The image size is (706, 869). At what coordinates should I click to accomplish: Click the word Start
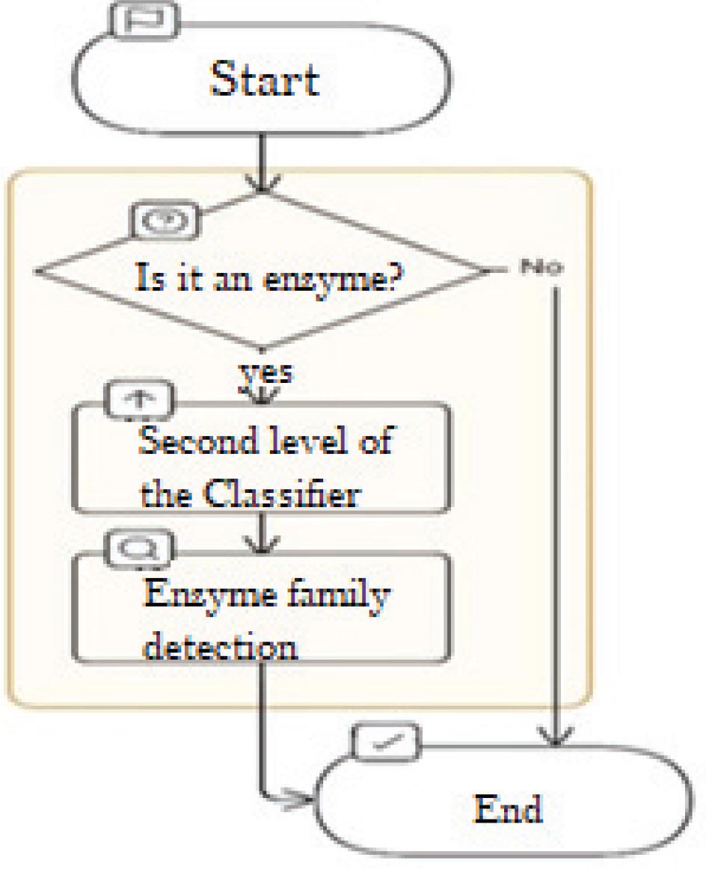(265, 79)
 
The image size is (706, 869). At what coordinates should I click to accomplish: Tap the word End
(508, 808)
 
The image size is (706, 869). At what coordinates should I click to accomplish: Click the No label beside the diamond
(541, 267)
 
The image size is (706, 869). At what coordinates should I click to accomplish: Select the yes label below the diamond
(266, 373)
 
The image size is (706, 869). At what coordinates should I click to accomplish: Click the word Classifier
(281, 494)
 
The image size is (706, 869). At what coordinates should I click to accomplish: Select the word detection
(220, 646)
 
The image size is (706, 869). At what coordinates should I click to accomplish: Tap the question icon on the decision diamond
(165, 221)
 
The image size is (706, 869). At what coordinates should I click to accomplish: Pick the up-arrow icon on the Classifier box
(140, 399)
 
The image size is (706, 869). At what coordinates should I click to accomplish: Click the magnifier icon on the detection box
(140, 549)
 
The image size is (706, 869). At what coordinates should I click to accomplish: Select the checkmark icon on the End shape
(386, 742)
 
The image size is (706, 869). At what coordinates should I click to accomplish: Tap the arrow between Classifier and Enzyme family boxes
(262, 534)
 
